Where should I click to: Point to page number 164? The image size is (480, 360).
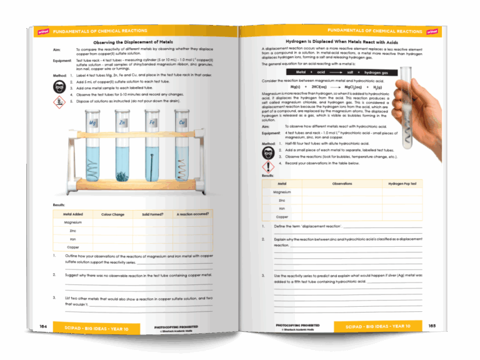coord(44,326)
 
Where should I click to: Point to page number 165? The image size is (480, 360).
coord(432,326)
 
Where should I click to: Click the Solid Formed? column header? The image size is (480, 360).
coord(152,214)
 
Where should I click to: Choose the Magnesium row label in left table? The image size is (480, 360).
coord(72,222)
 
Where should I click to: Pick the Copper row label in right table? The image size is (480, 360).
coord(282,216)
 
